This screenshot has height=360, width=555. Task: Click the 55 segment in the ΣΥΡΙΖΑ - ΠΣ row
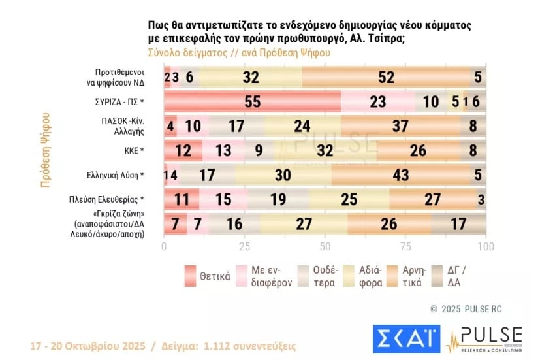pyautogui.click(x=252, y=102)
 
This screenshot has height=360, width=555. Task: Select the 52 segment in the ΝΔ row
pyautogui.click(x=386, y=77)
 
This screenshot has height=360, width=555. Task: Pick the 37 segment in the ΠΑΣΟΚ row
pyautogui.click(x=399, y=126)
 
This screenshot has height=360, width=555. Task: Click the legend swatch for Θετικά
pyautogui.click(x=191, y=274)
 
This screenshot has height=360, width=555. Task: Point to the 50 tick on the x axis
pyautogui.click(x=325, y=246)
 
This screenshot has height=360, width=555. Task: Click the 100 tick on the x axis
pyautogui.click(x=485, y=246)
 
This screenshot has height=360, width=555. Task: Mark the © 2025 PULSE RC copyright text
pyautogui.click(x=466, y=308)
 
